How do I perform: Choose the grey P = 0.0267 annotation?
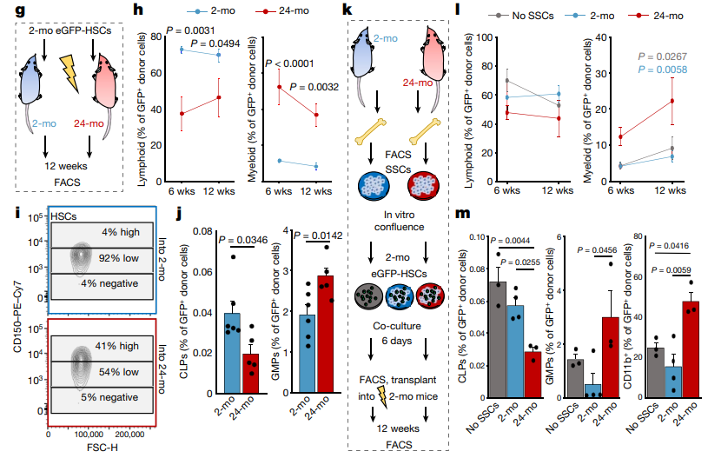click(658, 54)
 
